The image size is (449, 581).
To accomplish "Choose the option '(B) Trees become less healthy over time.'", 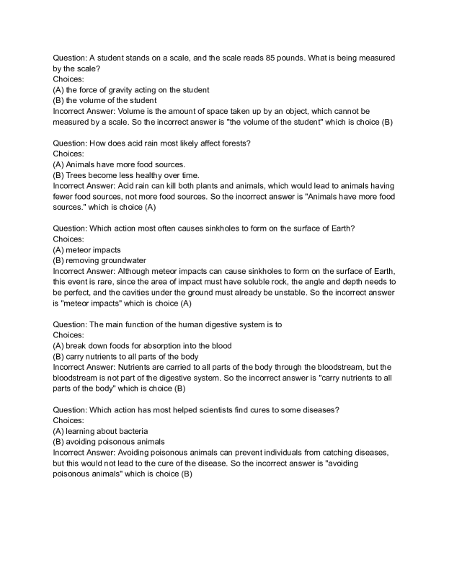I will coord(130,175).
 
